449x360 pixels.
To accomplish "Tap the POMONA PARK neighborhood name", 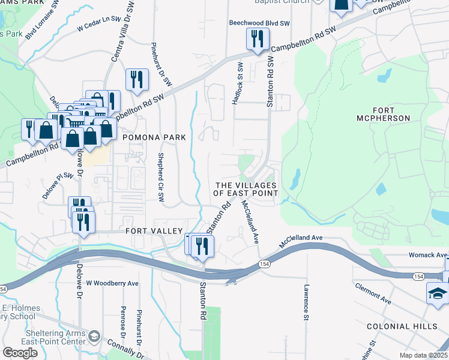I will [154, 137].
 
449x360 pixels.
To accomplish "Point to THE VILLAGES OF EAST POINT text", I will [246, 189].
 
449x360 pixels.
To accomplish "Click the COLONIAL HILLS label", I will [403, 326].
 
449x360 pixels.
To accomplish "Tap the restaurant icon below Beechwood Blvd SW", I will [256, 40].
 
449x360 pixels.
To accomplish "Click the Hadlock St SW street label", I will [239, 83].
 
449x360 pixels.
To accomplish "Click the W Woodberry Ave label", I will [112, 283].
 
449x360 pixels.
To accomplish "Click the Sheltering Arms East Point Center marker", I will [93, 334].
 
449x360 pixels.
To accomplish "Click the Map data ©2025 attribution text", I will [423, 355].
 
